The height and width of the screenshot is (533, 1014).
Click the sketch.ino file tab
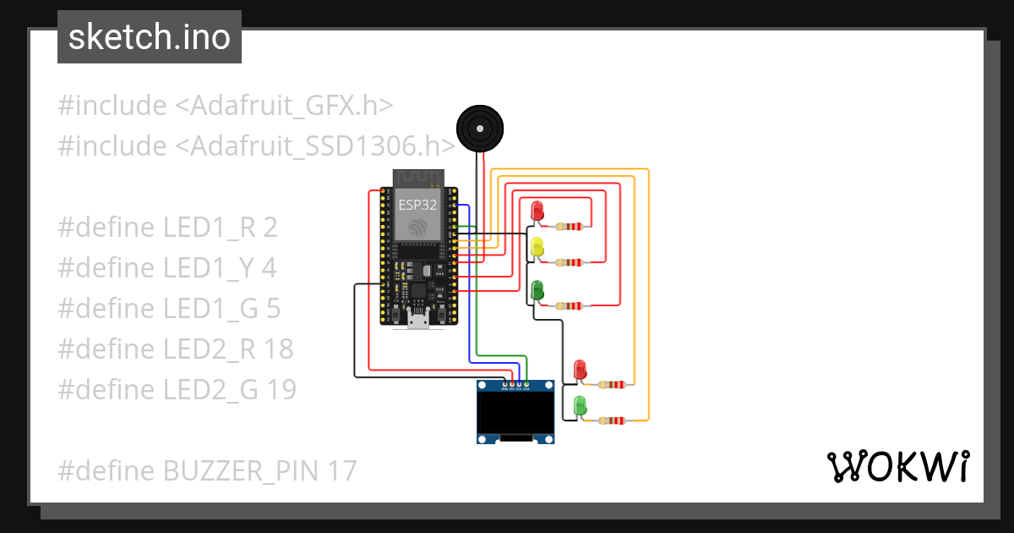tap(149, 37)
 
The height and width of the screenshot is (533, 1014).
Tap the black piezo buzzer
tap(480, 129)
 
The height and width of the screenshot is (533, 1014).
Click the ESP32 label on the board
tap(417, 204)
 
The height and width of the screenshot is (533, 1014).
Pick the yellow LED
tap(537, 248)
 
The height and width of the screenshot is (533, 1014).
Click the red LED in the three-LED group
tap(537, 211)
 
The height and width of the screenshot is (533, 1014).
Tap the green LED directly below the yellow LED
tap(537, 291)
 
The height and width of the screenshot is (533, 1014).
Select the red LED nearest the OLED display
tap(580, 370)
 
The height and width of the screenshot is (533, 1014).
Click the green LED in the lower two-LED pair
tap(580, 405)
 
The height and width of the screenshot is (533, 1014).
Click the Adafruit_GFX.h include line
tap(226, 106)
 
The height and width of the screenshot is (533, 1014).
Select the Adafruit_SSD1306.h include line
tap(257, 146)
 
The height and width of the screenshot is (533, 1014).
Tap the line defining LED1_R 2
tap(167, 228)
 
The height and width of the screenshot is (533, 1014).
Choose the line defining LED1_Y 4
tap(167, 268)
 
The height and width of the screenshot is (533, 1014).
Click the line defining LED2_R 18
tap(176, 349)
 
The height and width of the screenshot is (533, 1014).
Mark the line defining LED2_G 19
tap(177, 389)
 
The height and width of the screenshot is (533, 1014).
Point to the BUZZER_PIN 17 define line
tap(207, 470)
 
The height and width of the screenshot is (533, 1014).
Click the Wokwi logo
tap(897, 466)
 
